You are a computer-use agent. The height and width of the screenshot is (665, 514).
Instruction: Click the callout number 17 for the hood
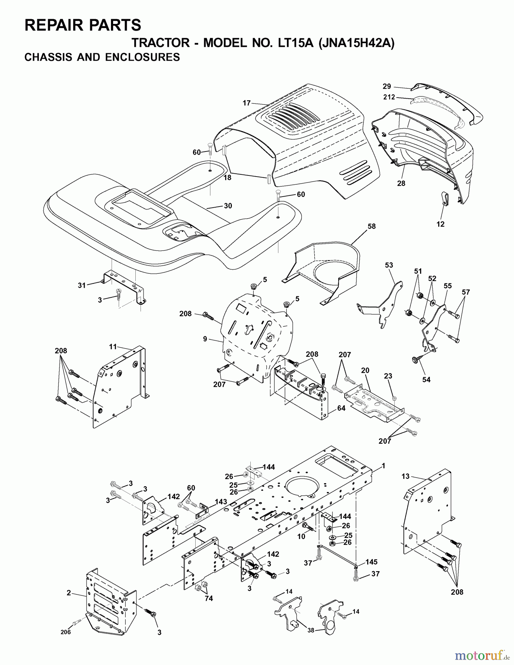click(247, 103)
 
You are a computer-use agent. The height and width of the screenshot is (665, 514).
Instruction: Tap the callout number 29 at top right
click(387, 86)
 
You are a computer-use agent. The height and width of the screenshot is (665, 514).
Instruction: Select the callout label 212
click(389, 97)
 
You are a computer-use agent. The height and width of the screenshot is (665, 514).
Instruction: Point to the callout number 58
click(371, 226)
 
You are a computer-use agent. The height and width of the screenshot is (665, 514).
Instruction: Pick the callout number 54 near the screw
click(426, 379)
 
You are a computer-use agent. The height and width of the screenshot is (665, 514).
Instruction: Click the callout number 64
click(341, 408)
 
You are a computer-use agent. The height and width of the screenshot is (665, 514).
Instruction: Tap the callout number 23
click(388, 376)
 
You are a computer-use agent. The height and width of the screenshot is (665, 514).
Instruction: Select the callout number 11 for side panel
click(113, 347)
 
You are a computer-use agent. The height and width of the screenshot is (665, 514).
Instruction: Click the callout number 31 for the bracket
click(82, 285)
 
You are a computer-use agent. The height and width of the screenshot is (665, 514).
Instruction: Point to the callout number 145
click(372, 562)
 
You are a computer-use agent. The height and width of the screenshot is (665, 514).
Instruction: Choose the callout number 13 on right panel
click(406, 477)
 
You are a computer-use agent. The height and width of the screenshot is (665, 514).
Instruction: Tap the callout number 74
click(209, 598)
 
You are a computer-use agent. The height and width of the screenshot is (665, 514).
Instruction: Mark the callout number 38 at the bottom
click(311, 630)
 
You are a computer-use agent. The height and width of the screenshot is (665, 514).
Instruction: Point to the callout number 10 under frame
click(301, 536)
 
